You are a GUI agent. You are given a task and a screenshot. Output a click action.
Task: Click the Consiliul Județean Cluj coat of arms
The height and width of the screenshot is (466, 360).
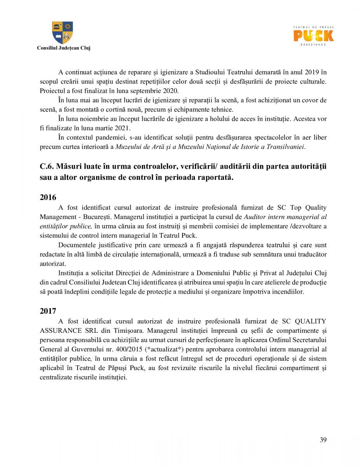click(63, 33)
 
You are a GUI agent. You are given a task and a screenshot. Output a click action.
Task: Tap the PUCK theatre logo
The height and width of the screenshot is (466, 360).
click(313, 36)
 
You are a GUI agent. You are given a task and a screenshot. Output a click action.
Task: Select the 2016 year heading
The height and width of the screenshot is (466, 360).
click(48, 197)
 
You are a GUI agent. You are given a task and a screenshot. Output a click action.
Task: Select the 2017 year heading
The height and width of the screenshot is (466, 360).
click(48, 311)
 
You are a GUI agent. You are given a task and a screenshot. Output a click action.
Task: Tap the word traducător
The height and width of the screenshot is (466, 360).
click(311, 254)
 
